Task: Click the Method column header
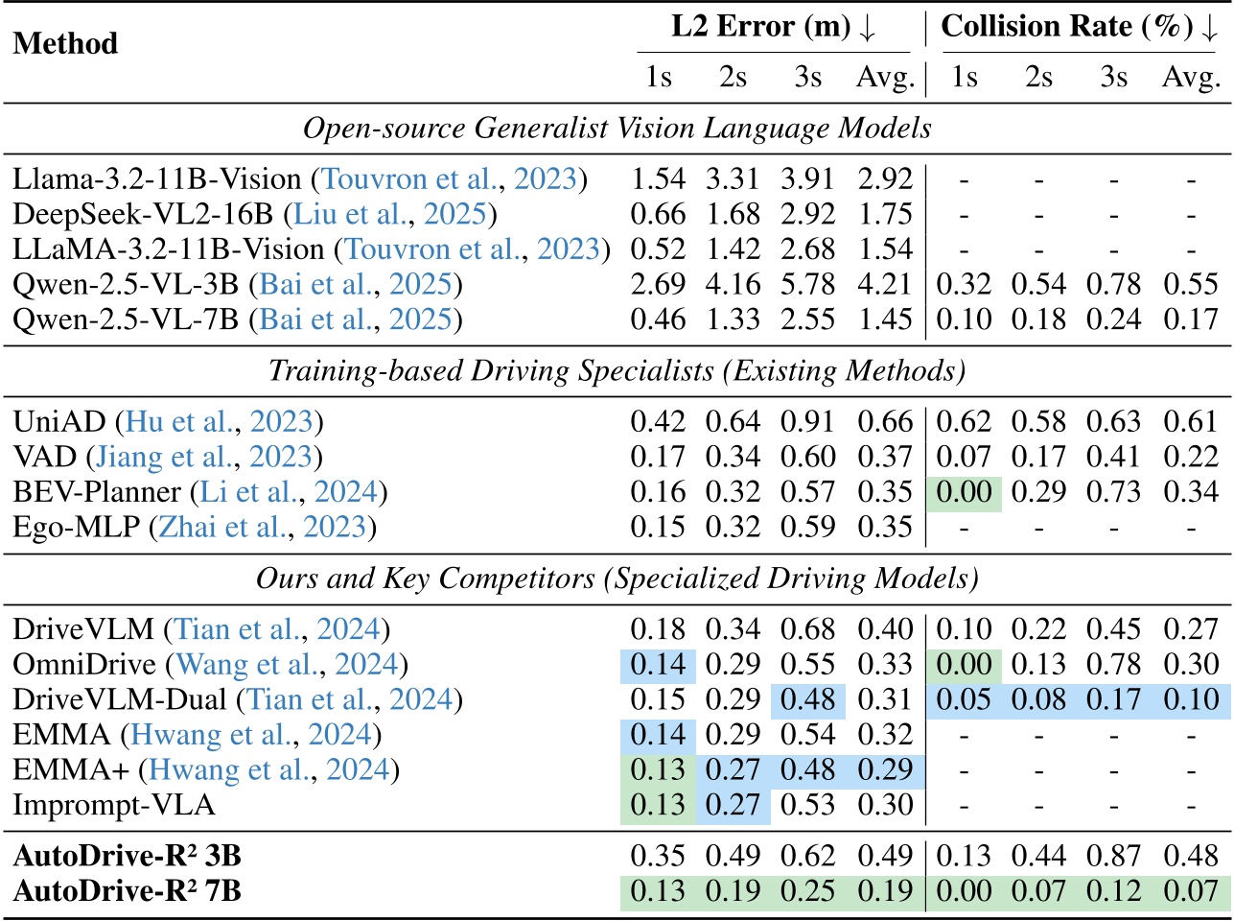click(65, 44)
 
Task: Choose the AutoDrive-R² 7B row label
click(128, 891)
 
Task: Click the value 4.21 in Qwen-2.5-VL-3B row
click(884, 284)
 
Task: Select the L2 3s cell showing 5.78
click(808, 284)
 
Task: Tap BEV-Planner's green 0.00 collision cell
click(964, 492)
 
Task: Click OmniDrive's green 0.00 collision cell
click(964, 664)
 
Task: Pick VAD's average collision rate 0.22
click(1190, 458)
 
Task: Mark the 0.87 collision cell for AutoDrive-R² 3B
click(1114, 856)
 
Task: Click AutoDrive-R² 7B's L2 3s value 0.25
click(808, 891)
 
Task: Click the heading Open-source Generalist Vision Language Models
click(617, 129)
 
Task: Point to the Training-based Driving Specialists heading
click(617, 370)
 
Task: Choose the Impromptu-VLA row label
click(114, 804)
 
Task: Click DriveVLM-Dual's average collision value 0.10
click(1190, 699)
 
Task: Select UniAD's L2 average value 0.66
click(884, 422)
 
